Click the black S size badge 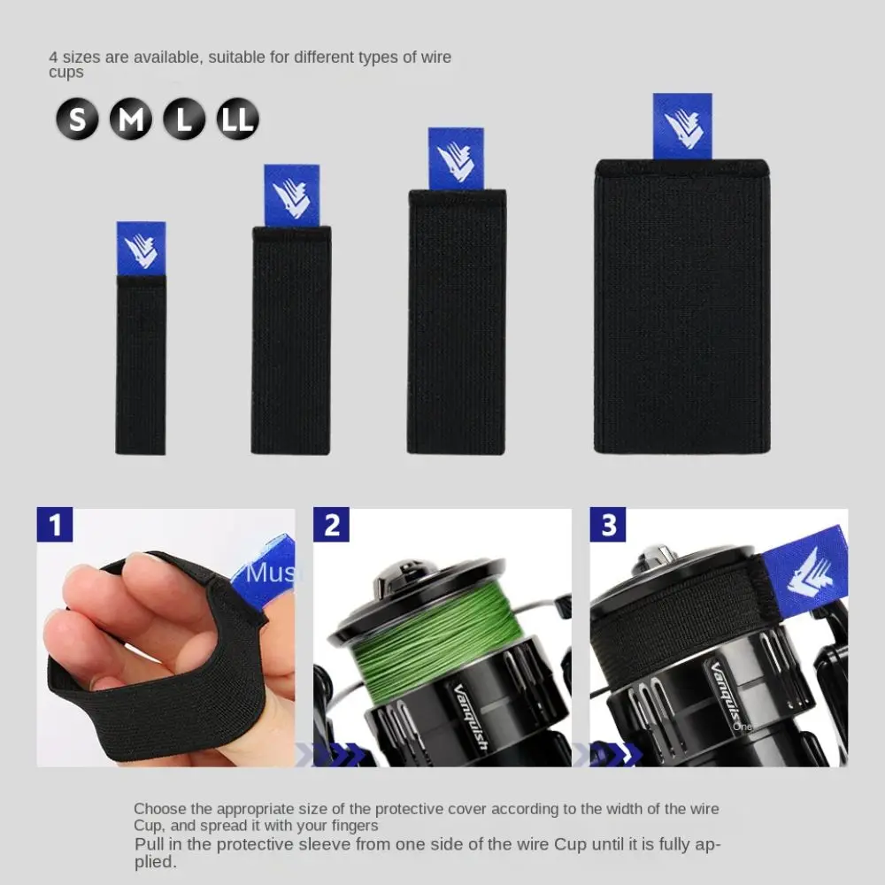77,119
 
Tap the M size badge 131,119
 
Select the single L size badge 184,119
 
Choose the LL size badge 237,119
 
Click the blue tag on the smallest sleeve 141,249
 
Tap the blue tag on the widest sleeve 682,127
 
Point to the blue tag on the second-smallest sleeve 292,196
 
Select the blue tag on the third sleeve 456,159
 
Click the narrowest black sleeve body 141,365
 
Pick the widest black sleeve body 682,306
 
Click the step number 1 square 55,524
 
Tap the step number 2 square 331,524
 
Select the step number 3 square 608,524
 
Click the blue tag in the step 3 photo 804,571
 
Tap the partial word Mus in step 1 270,573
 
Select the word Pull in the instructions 148,844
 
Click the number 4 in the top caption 53,57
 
